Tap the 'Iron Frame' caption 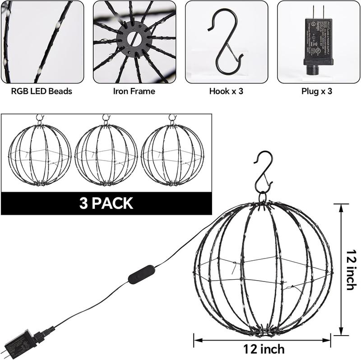point(134,91)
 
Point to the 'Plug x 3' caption point(317,91)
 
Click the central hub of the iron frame point(134,40)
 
